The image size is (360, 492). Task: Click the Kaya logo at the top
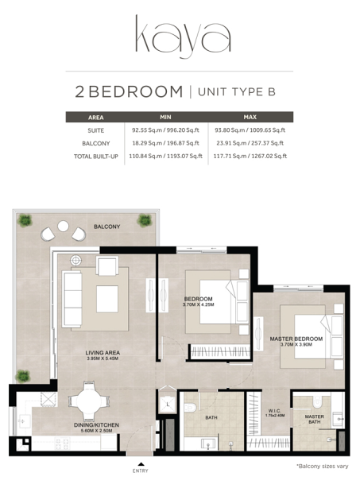(183, 36)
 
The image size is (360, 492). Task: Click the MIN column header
(165, 117)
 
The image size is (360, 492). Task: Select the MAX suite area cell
(250, 130)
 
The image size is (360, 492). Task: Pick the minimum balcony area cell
(165, 143)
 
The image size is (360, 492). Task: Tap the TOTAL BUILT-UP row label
(96, 157)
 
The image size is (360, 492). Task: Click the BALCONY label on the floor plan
(107, 227)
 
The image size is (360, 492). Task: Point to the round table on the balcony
(63, 226)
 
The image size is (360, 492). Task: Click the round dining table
(89, 401)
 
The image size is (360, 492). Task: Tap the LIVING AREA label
(103, 353)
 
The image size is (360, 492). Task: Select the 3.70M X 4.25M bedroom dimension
(199, 304)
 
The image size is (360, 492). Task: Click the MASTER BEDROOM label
(296, 339)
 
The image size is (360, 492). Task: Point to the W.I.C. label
(275, 411)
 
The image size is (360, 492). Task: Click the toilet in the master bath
(317, 401)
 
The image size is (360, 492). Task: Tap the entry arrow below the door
(141, 463)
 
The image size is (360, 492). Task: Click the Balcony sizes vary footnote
(322, 467)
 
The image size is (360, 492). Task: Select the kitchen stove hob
(62, 443)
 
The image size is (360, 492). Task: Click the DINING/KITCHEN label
(96, 425)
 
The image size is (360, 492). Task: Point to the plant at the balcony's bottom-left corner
(23, 376)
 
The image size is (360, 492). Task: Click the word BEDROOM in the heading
(136, 91)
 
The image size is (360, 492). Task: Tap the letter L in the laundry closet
(168, 405)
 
